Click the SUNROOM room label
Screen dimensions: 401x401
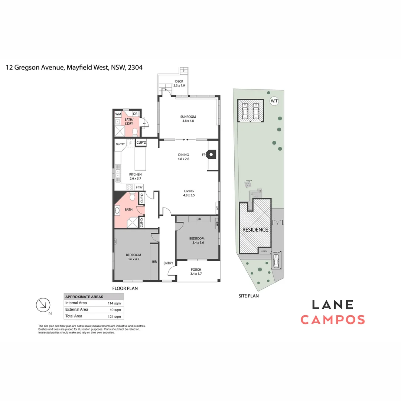pyautogui.click(x=189, y=119)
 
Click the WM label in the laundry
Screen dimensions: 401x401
pyautogui.click(x=118, y=114)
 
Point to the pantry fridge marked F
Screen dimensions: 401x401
pyautogui.click(x=130, y=143)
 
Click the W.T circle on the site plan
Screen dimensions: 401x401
pyautogui.click(x=274, y=101)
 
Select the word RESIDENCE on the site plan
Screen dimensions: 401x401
pyautogui.click(x=255, y=230)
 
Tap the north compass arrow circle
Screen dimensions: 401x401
pyautogui.click(x=42, y=304)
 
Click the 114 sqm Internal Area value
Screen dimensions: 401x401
pyautogui.click(x=114, y=303)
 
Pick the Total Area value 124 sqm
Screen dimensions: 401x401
pyautogui.click(x=114, y=316)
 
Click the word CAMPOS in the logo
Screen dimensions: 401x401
pyautogui.click(x=332, y=320)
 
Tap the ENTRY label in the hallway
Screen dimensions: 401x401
pyautogui.click(x=168, y=263)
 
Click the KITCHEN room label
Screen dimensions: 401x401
pyautogui.click(x=135, y=176)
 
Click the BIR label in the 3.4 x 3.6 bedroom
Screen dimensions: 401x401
pyautogui.click(x=199, y=219)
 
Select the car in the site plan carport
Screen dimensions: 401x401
pyautogui.click(x=276, y=262)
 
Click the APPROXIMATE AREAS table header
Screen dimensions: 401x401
pyautogui.click(x=84, y=297)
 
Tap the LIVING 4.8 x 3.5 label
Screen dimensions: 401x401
pyautogui.click(x=189, y=193)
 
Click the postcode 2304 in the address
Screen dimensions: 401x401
pyautogui.click(x=135, y=68)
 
